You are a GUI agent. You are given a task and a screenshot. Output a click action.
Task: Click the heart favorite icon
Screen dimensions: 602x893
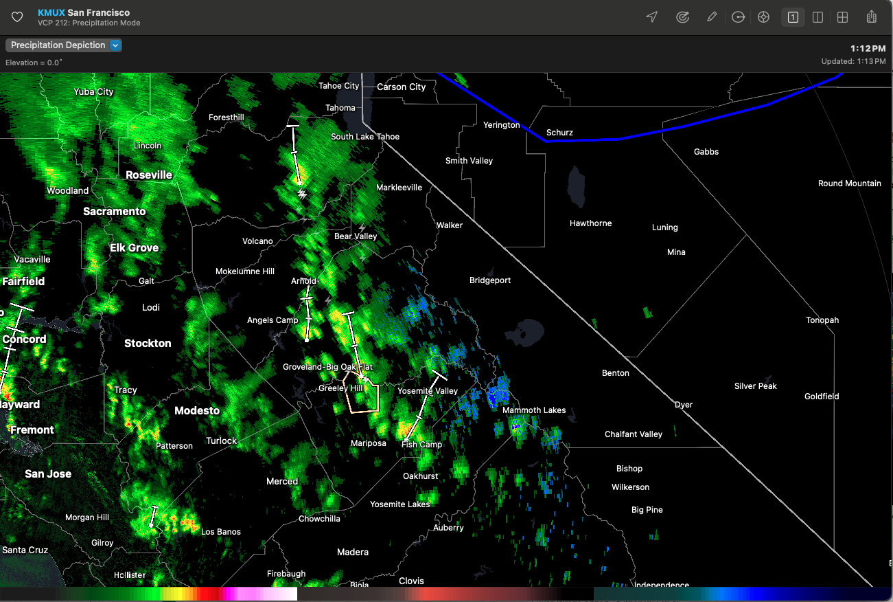(17, 17)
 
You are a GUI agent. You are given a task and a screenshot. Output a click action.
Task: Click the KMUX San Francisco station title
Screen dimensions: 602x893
(84, 12)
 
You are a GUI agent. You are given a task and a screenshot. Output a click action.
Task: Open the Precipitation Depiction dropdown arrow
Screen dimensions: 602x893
(115, 45)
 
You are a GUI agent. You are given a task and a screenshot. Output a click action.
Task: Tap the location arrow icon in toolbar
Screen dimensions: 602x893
(652, 17)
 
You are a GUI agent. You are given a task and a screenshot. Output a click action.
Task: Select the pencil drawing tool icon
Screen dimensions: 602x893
(712, 17)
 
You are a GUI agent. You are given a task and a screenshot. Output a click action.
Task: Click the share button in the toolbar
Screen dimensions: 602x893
(872, 17)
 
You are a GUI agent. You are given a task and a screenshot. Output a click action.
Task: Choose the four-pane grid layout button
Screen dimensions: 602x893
(842, 17)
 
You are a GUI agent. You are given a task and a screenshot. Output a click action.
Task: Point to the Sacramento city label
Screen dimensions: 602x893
(115, 212)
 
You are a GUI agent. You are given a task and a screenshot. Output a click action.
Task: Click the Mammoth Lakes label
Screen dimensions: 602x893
(534, 410)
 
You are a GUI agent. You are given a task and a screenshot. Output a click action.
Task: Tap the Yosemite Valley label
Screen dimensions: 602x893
(428, 391)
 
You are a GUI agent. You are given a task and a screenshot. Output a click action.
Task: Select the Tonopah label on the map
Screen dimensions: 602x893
(822, 320)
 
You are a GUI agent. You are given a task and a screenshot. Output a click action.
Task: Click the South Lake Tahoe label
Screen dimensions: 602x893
(365, 137)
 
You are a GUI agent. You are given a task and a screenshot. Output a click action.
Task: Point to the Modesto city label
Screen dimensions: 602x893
(197, 411)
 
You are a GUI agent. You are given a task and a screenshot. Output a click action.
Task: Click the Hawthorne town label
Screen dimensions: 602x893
(590, 223)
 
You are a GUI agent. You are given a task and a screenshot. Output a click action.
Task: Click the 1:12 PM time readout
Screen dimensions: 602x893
(868, 49)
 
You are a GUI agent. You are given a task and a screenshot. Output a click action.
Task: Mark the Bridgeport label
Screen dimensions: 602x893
(490, 280)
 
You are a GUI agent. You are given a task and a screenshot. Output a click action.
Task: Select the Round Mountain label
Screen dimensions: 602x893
(849, 183)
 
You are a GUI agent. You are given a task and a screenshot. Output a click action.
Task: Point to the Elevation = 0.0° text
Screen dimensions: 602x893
(34, 63)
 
